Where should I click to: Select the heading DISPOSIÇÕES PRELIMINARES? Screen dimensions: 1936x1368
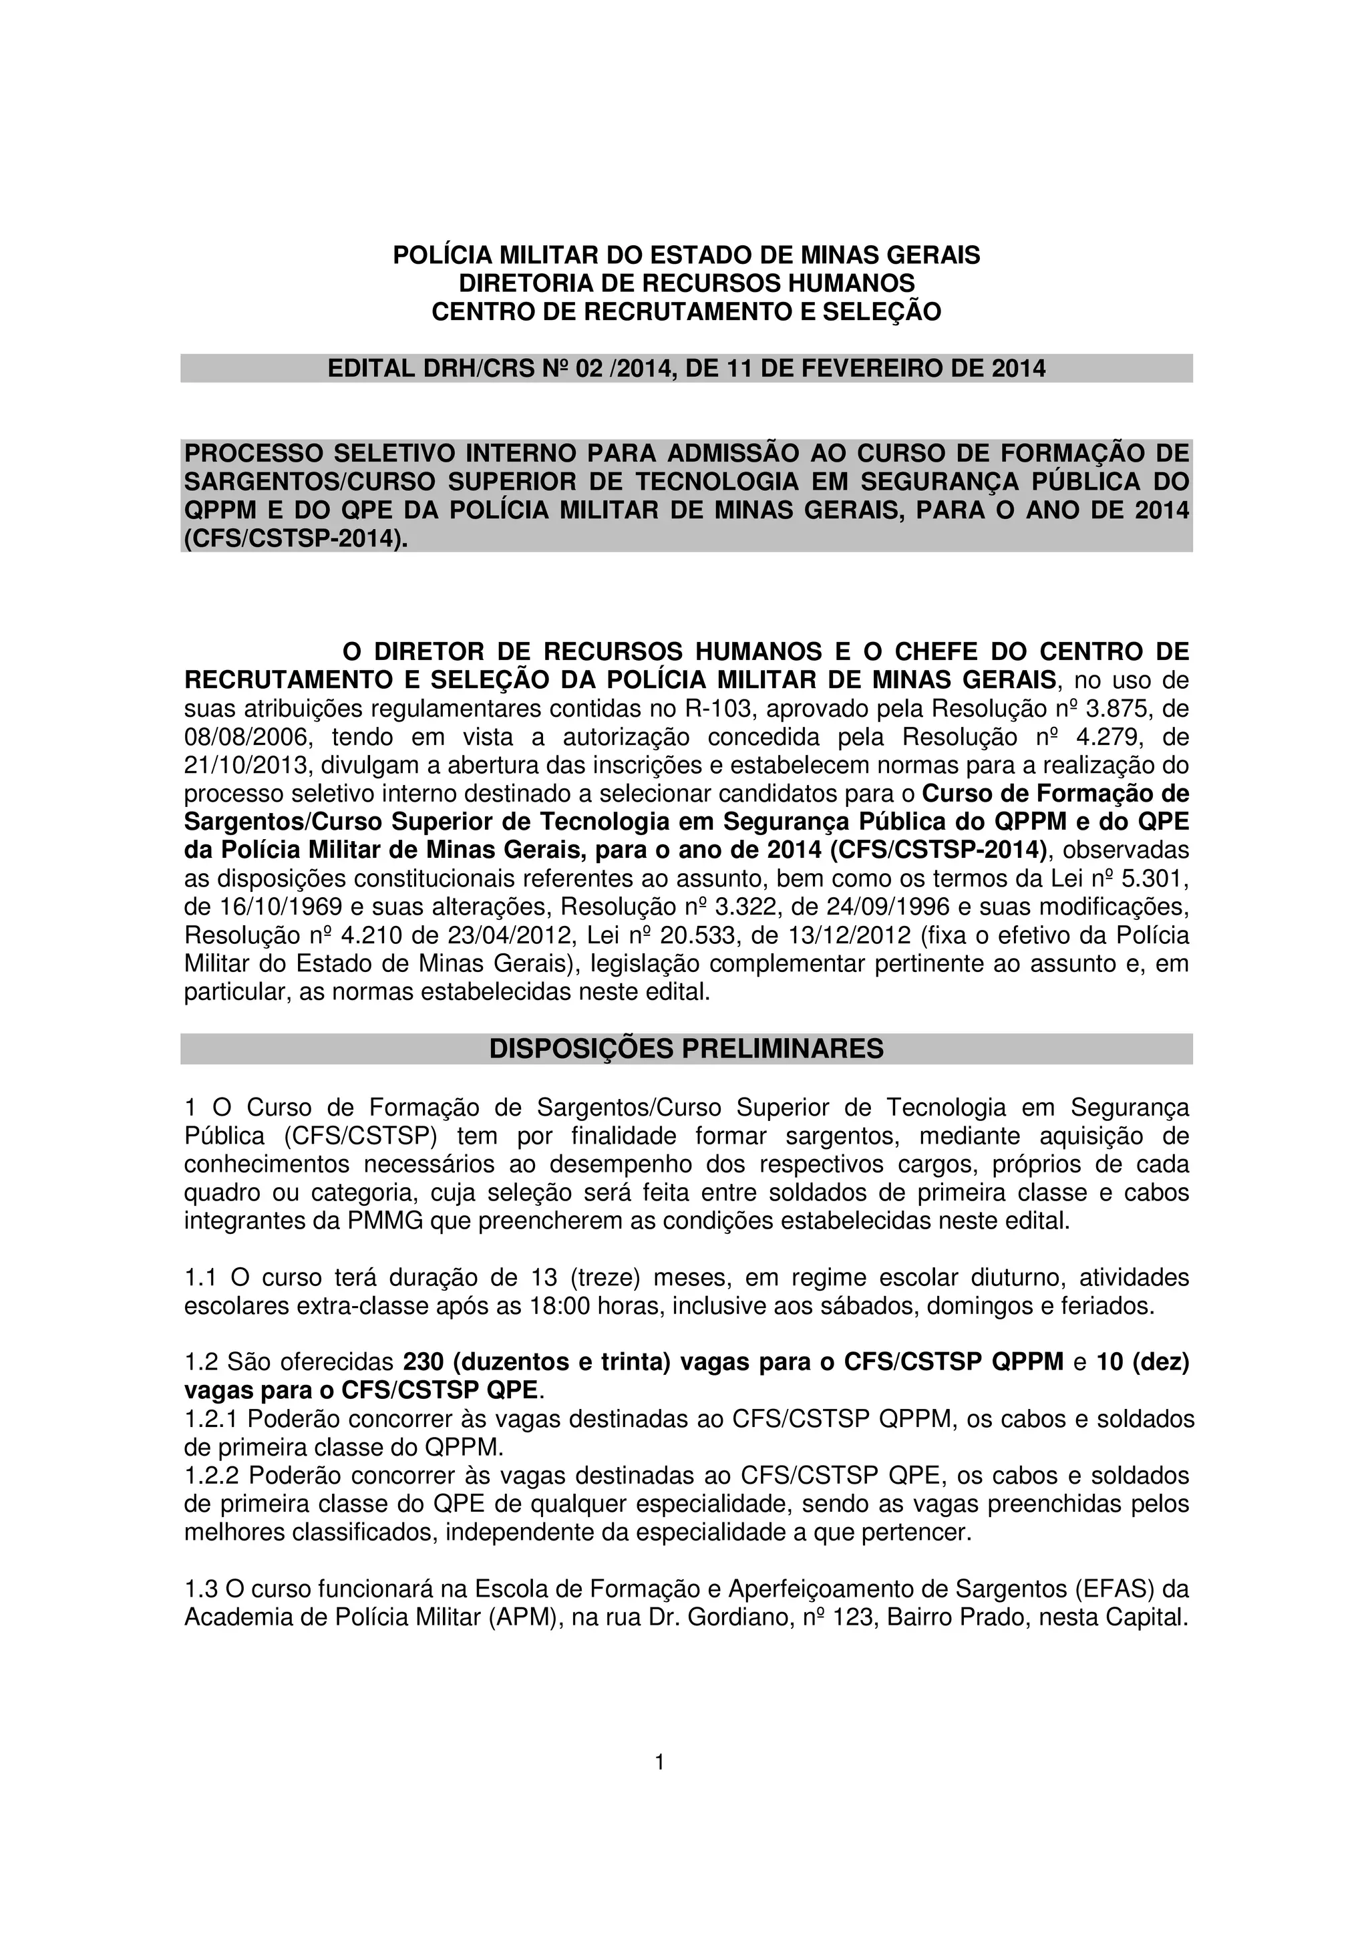tap(686, 1048)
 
